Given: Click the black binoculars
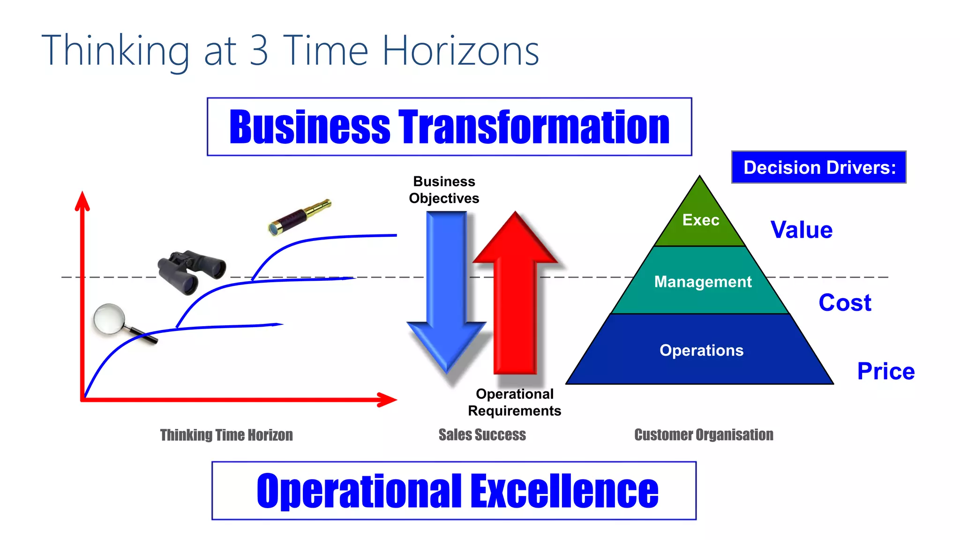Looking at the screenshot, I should point(191,271).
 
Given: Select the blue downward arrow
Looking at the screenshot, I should point(446,291).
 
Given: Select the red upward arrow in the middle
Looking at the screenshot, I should point(515,291).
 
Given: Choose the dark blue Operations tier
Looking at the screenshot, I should point(701,350).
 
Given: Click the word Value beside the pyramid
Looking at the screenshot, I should point(802,230).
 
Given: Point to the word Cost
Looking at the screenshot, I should point(845,302).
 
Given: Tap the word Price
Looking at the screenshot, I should point(885,371).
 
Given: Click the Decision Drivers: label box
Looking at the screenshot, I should point(818,167).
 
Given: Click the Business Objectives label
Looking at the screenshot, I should point(444,190).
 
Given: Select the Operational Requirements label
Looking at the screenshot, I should point(514,402).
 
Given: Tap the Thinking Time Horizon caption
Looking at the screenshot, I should point(226,435).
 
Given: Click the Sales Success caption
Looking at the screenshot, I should point(482,435).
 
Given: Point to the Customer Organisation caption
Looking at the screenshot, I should point(704,435).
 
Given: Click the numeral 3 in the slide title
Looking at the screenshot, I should point(259,51).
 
